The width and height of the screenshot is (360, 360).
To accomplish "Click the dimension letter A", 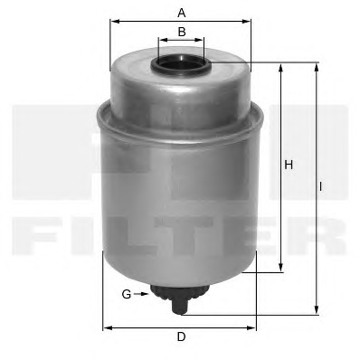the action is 181,13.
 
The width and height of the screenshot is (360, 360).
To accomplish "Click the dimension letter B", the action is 182,32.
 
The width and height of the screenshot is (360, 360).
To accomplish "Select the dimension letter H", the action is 289,165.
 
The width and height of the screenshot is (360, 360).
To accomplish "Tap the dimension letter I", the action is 321,187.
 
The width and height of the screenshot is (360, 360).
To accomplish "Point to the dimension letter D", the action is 181,336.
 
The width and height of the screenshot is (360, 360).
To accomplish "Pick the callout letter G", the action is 127,294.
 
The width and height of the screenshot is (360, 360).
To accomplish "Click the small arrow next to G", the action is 141,294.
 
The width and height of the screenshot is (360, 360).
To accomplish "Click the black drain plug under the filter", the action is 180,299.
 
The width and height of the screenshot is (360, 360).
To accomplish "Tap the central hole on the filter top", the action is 180,62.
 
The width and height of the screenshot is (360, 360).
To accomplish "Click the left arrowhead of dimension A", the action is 115,22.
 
